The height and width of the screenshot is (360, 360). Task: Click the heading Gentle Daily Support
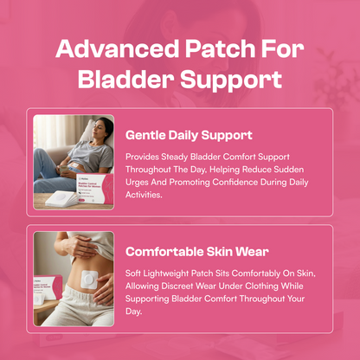tap(189, 135)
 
